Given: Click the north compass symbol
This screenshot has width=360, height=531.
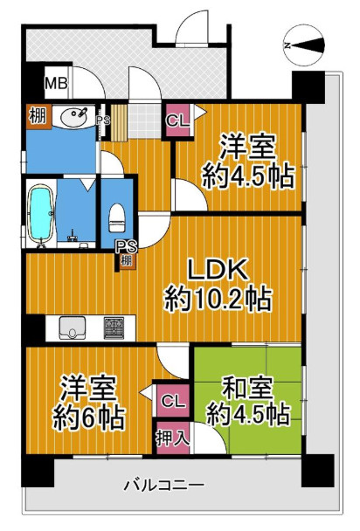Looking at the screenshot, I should click(x=305, y=45).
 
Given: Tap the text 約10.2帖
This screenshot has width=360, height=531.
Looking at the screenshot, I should click(x=218, y=300).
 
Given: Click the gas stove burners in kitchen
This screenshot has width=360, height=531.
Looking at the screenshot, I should click(x=114, y=328).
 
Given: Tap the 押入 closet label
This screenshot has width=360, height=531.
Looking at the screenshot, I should click(x=172, y=437).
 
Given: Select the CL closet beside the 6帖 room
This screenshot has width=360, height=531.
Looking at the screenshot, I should click(x=172, y=402).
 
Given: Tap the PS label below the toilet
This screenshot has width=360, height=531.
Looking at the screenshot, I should click(x=127, y=246).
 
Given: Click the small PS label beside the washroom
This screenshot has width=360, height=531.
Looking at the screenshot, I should click(x=102, y=121).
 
